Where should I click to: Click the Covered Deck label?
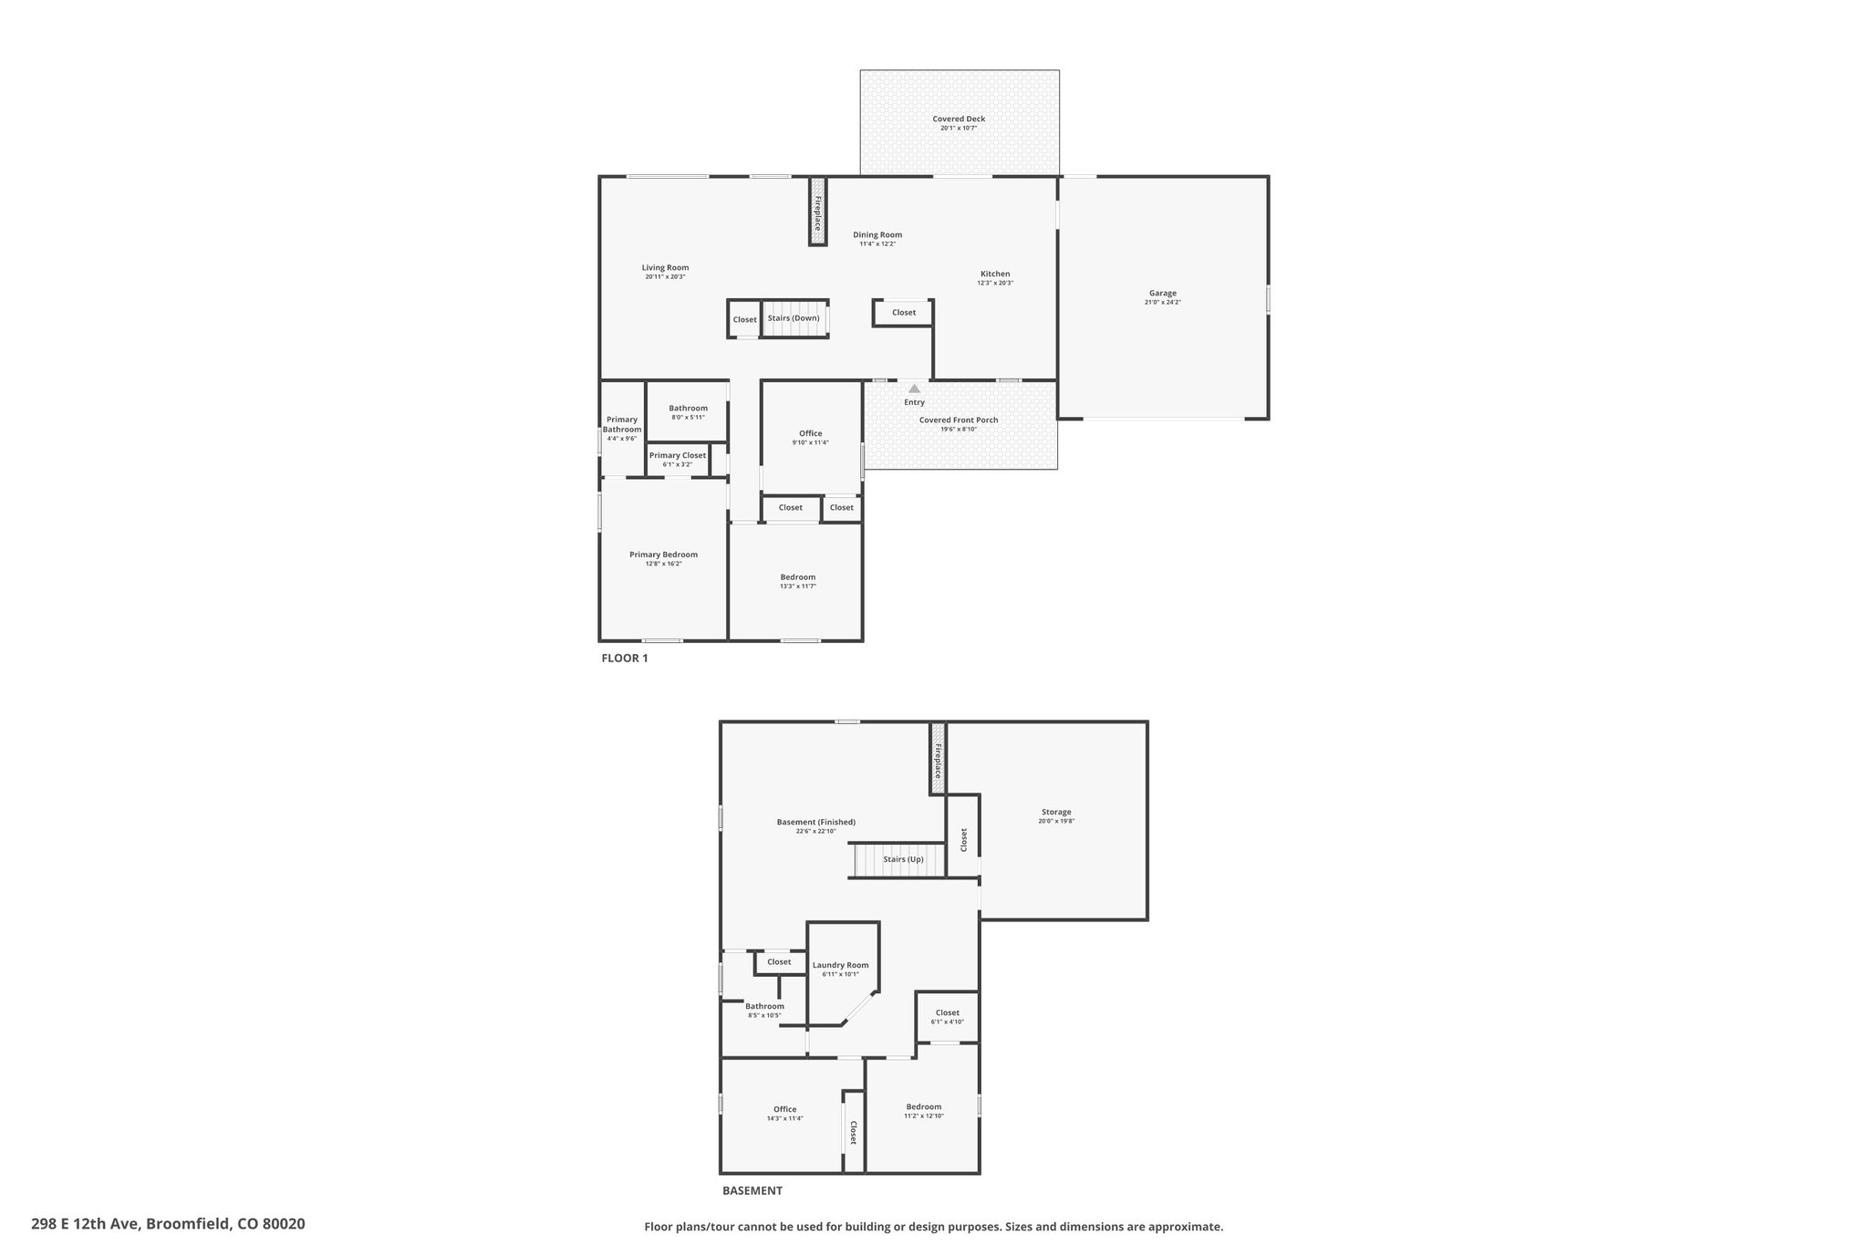point(959,119)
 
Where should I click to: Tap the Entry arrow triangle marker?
point(914,389)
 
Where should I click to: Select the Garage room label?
point(1162,293)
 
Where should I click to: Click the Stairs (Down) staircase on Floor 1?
point(794,318)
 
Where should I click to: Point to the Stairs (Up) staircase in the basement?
point(898,860)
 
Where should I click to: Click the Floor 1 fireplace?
point(818,212)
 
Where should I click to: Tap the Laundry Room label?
point(840,965)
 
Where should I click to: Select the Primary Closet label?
point(678,455)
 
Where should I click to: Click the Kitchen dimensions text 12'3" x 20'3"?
point(995,283)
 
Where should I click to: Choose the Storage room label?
point(1056,812)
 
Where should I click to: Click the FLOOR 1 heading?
point(625,658)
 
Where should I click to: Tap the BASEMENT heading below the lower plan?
point(752,1190)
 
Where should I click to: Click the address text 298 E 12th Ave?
point(86,1223)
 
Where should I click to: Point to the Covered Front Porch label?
point(959,420)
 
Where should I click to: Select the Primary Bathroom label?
point(622,424)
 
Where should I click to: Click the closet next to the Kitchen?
point(903,313)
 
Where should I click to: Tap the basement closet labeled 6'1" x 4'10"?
point(947,1017)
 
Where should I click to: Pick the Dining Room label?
point(877,234)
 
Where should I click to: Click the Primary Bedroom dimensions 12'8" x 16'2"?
point(663,564)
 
